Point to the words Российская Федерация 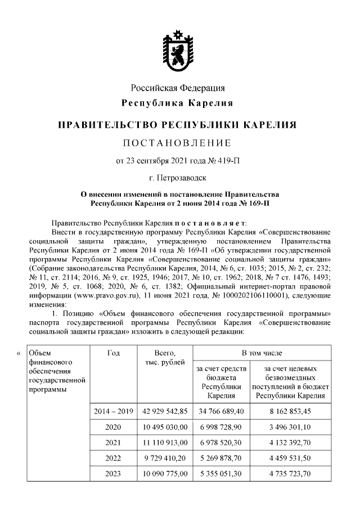coord(178,88)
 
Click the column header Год coord(112,353)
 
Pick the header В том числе coord(262,353)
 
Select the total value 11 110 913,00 coord(163,443)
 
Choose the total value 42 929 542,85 coord(163,411)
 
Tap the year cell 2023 coord(112,474)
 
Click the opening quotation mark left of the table coord(19,353)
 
